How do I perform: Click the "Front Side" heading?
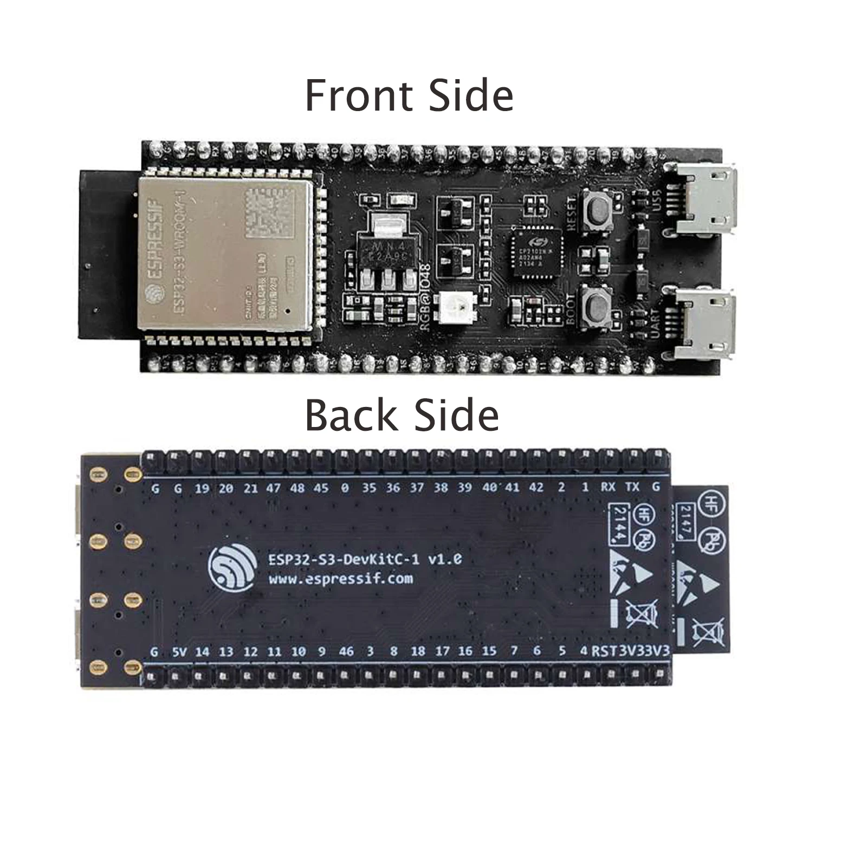409,96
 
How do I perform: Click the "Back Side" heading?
402,416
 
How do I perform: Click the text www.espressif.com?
340,579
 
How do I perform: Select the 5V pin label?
179,652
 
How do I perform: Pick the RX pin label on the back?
608,487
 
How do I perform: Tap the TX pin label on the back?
632,487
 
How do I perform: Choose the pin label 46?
346,651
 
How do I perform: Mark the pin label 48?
297,488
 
